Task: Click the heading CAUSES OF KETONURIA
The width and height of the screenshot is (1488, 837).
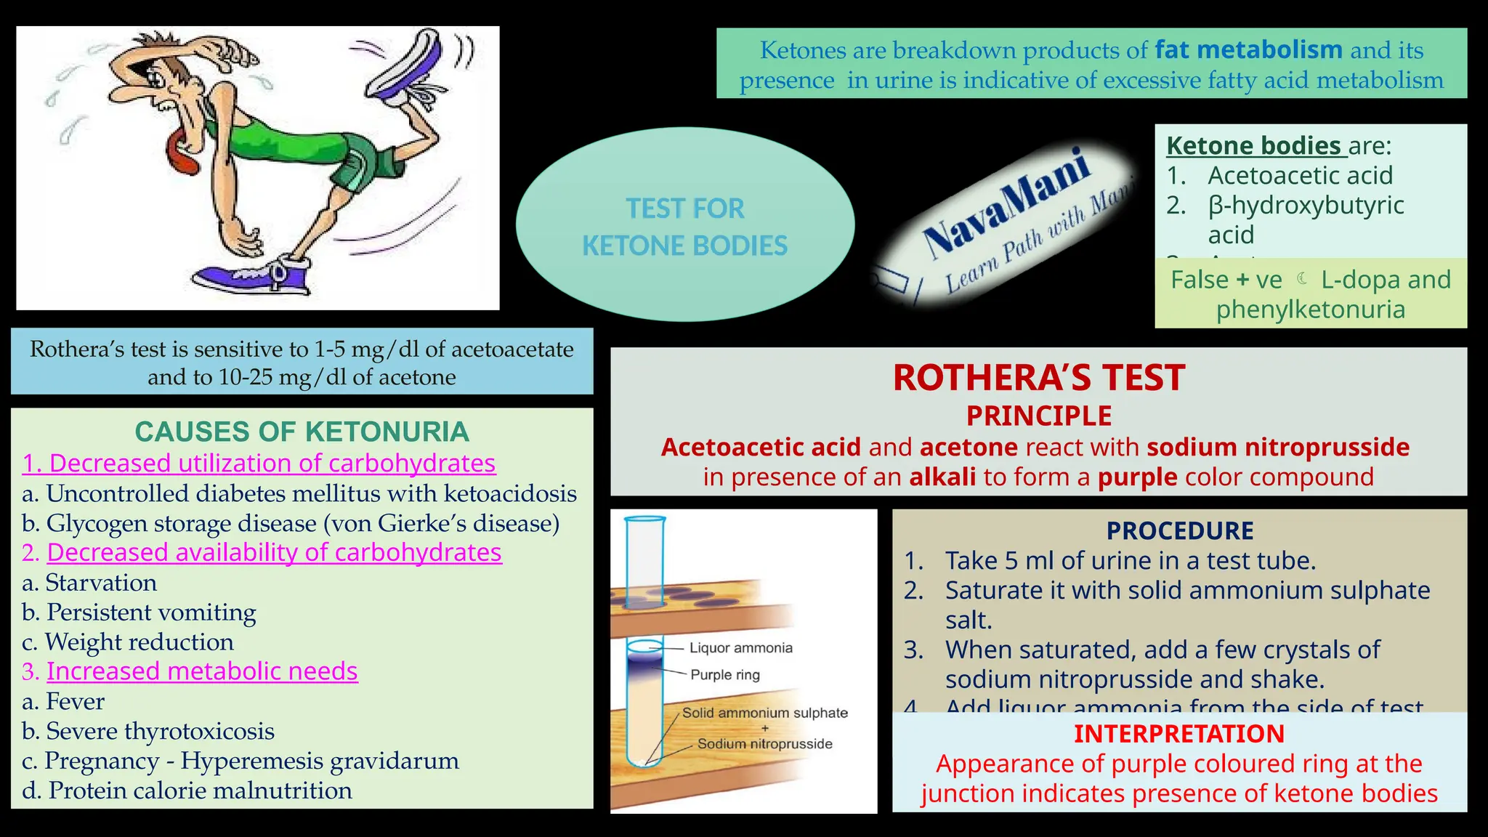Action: (x=302, y=432)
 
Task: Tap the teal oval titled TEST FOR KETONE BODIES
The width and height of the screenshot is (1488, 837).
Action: (x=684, y=226)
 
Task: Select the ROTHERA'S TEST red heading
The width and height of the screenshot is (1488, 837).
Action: (x=1038, y=378)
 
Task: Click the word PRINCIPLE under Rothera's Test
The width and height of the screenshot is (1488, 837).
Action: (x=1038, y=416)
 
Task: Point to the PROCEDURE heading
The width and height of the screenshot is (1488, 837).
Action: (x=1179, y=531)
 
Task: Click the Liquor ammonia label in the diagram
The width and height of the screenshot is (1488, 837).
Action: (x=740, y=648)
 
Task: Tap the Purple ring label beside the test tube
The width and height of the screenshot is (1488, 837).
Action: (x=724, y=675)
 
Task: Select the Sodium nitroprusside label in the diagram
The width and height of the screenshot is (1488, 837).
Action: (x=764, y=744)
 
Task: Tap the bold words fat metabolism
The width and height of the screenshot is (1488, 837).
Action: (x=1248, y=50)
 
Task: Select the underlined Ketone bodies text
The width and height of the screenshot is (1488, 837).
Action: (x=1253, y=146)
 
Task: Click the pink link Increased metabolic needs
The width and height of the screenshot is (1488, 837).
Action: (x=202, y=671)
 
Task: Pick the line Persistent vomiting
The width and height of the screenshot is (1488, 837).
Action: (x=150, y=612)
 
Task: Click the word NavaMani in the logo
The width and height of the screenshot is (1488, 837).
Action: (x=1006, y=203)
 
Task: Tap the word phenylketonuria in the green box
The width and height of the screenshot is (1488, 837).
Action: (x=1310, y=310)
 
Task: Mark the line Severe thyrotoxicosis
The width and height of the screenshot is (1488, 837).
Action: (x=160, y=732)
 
